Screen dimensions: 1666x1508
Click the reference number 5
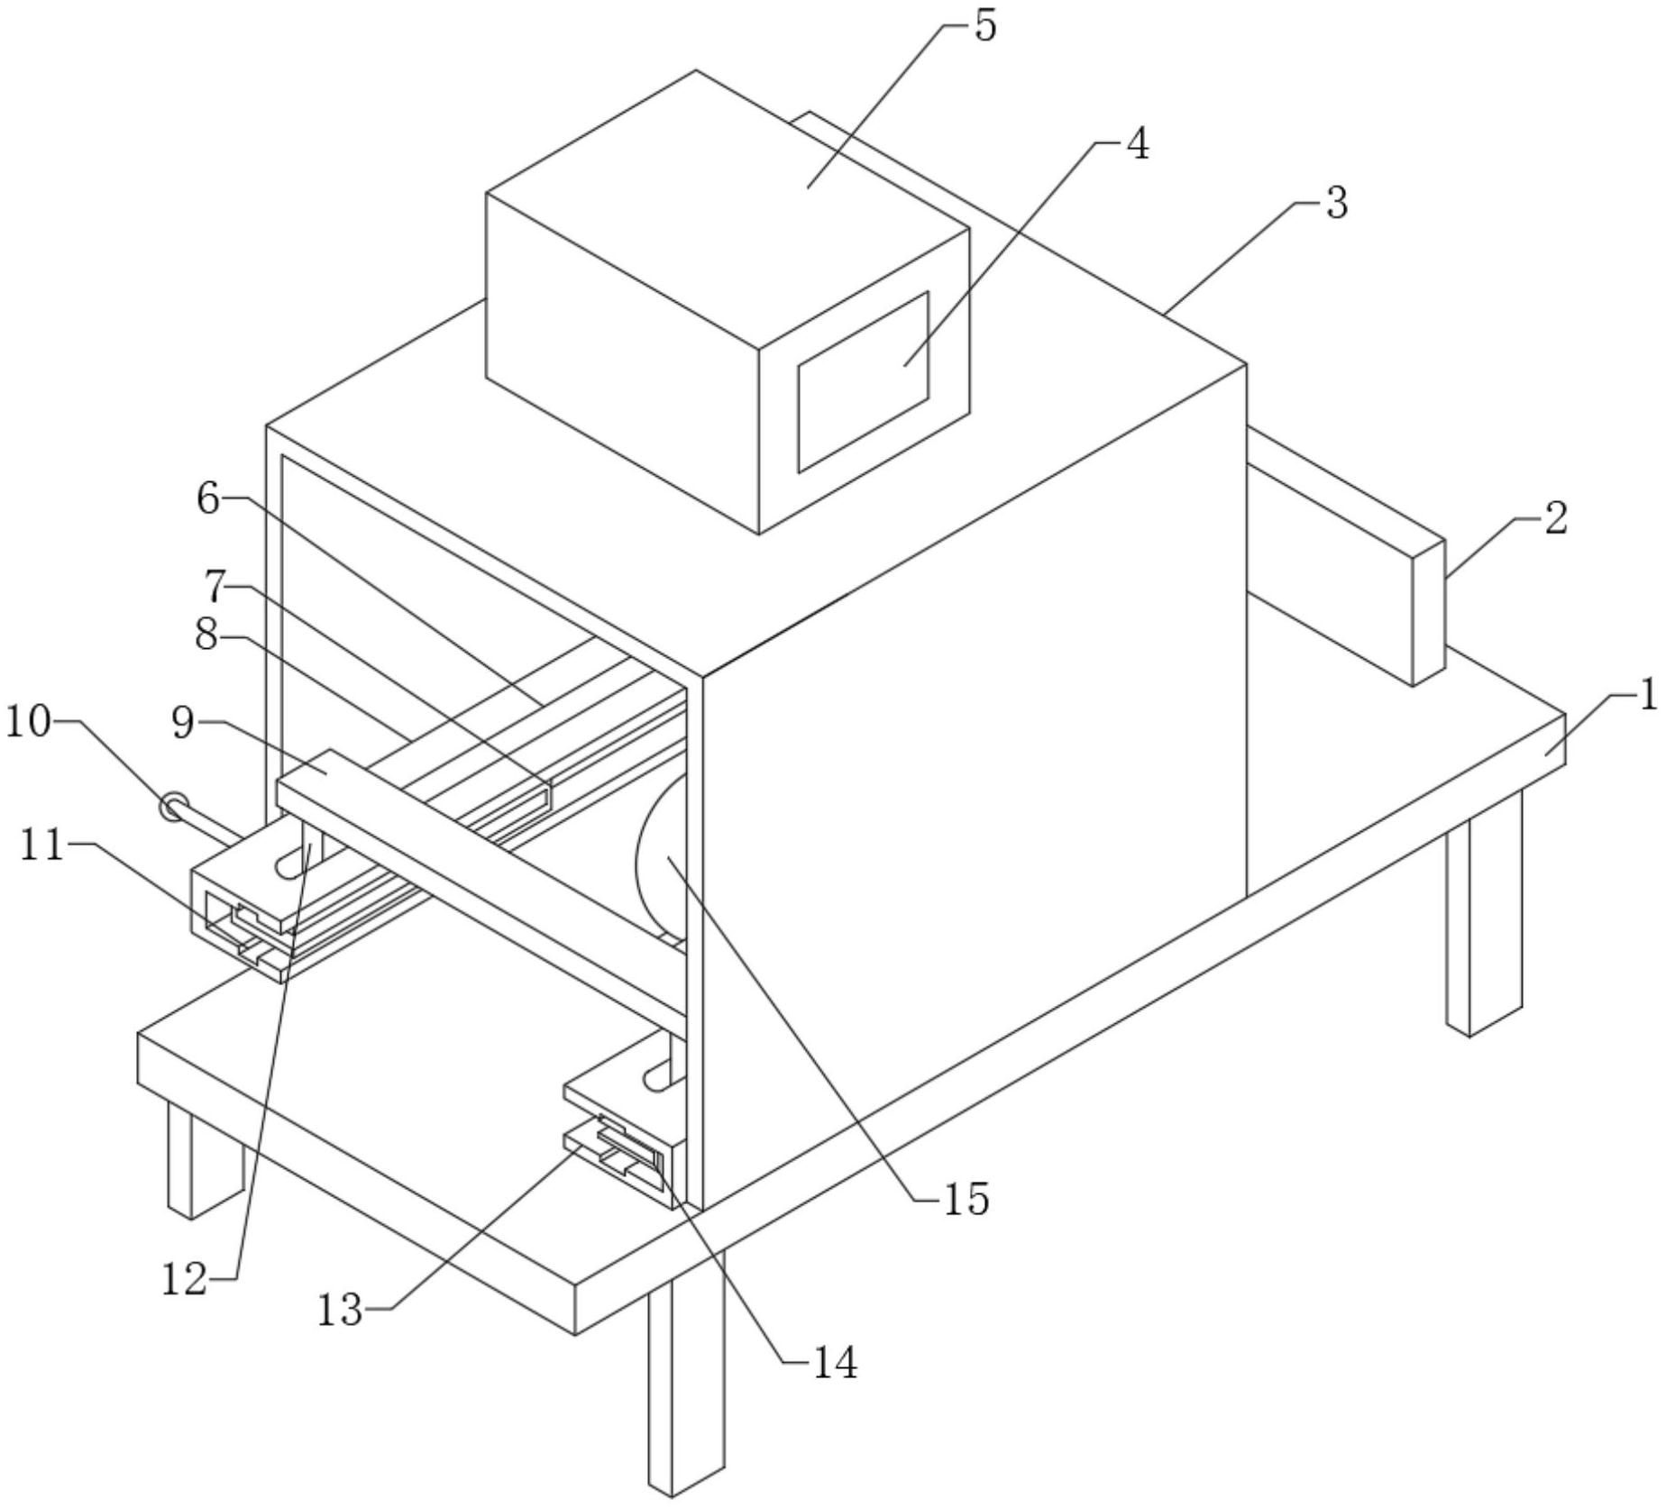tap(985, 26)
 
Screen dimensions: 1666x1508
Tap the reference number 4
tap(1138, 144)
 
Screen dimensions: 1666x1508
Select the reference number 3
tap(1336, 204)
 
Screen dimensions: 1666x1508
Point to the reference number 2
tap(1555, 519)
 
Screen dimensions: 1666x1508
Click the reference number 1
tap(1648, 696)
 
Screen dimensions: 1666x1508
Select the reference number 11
tap(42, 846)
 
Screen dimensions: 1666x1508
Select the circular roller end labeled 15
tap(658, 861)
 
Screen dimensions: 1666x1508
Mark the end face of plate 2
tap(1428, 613)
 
